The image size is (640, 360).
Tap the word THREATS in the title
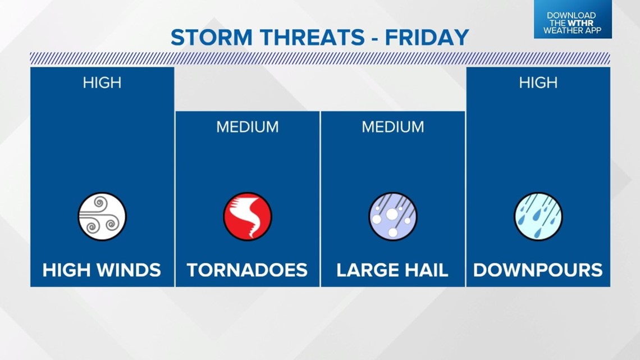[312, 38]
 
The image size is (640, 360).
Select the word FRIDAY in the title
[427, 38]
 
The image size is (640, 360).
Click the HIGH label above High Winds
[102, 83]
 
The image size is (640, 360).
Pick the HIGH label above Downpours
[538, 83]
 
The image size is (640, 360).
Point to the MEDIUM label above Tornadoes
[248, 127]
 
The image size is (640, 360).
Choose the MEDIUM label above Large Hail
[392, 127]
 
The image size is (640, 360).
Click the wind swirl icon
[102, 216]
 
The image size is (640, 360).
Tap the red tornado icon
[248, 216]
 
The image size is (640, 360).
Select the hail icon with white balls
[392, 216]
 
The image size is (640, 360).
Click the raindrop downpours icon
[538, 216]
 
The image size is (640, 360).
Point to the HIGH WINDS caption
[102, 270]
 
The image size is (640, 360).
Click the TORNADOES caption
[247, 270]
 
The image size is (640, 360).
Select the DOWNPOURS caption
[538, 270]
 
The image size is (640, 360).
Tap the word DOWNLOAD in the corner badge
[572, 16]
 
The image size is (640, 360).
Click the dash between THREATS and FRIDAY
[374, 39]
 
